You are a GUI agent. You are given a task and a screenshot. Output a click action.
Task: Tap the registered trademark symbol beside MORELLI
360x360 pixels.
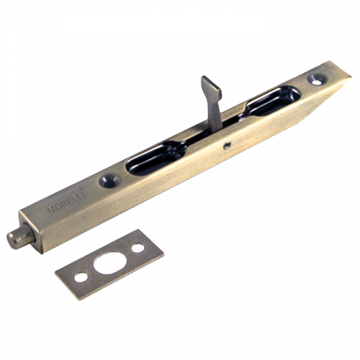click(x=82, y=189)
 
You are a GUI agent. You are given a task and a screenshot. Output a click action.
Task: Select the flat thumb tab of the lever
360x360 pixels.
click(x=212, y=88)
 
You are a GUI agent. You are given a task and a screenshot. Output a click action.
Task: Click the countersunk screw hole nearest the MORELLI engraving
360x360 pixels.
click(x=110, y=180)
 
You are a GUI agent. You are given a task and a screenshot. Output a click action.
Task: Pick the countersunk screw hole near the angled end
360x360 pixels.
click(x=318, y=79)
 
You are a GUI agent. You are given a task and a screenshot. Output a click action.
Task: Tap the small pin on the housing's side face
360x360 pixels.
click(x=226, y=145)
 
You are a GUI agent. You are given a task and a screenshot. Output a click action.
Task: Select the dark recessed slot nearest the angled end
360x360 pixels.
click(x=272, y=101)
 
